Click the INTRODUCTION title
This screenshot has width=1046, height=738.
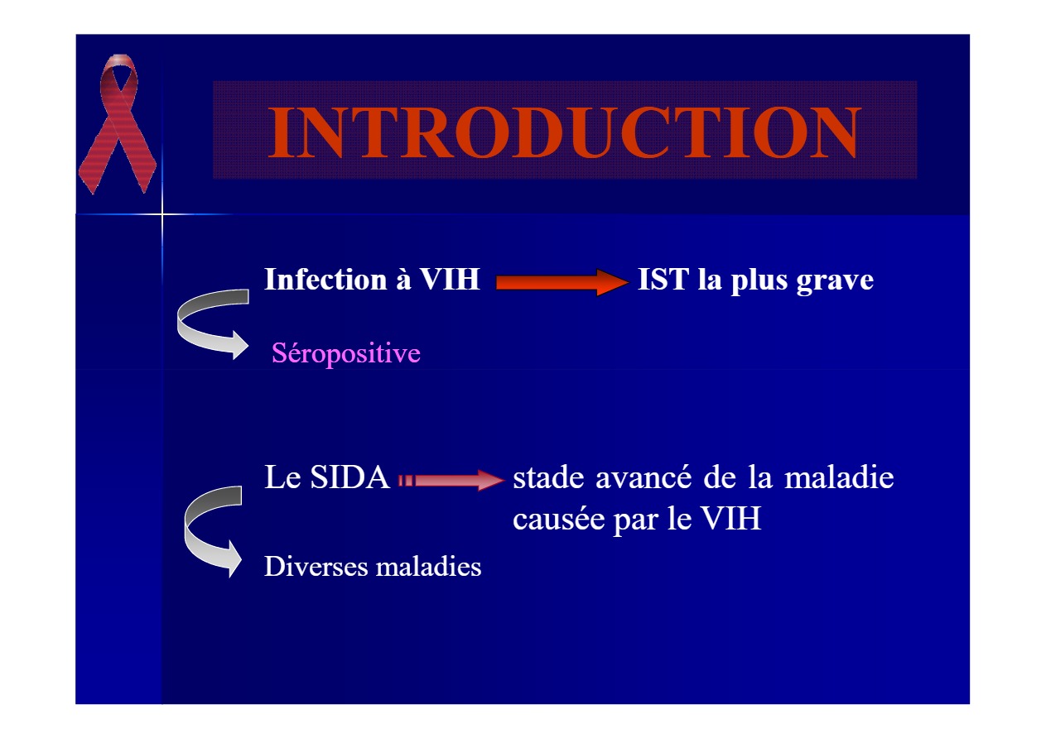click(564, 132)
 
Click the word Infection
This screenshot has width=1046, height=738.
click(325, 280)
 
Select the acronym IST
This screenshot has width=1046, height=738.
click(663, 280)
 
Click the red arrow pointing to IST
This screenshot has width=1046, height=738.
click(562, 282)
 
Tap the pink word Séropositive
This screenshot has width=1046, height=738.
click(346, 353)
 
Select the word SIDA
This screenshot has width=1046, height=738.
click(350, 477)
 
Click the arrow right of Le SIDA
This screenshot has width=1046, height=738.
click(451, 480)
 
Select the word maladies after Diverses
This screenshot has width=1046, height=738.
click(428, 567)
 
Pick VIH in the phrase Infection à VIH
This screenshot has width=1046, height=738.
click(450, 280)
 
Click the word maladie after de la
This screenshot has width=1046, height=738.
click(839, 477)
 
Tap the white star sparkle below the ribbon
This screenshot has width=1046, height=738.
click(162, 214)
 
